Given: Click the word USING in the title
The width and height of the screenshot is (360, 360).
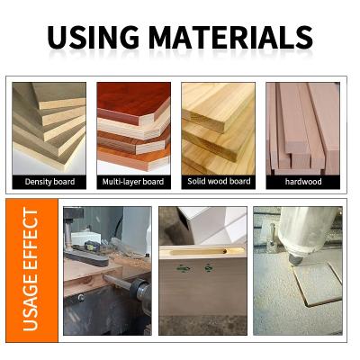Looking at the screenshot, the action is tap(93, 37).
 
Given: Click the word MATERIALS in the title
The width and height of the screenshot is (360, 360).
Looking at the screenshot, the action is tap(230, 37).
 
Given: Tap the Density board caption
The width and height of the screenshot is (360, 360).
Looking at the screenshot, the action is tap(49, 182).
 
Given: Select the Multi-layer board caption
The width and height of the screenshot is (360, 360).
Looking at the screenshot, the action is tap(133, 182).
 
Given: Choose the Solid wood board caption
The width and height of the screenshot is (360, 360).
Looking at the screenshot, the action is tap(219, 181).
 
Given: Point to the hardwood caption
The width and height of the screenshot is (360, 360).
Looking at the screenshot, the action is tap(303, 182).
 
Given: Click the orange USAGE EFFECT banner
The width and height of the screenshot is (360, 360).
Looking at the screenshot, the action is tap(31, 270).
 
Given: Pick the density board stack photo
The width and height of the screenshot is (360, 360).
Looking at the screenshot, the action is tap(49, 129).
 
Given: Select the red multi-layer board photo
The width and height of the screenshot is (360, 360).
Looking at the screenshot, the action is tap(134, 129).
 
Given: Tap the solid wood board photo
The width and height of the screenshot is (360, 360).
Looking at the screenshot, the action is tap(219, 129).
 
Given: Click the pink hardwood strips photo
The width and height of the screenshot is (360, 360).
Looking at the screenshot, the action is tap(303, 129).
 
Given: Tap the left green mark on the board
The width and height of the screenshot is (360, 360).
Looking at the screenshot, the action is tap(184, 268).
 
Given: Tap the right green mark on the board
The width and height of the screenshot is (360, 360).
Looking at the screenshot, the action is tap(209, 267).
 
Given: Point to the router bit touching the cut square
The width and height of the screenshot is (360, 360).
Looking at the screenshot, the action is tap(294, 259).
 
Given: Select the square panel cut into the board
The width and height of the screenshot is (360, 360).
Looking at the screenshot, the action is tap(318, 283).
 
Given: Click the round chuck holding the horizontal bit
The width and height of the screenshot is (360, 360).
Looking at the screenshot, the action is tap(142, 291).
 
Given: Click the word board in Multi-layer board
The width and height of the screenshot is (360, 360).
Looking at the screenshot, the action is tap(153, 182).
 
